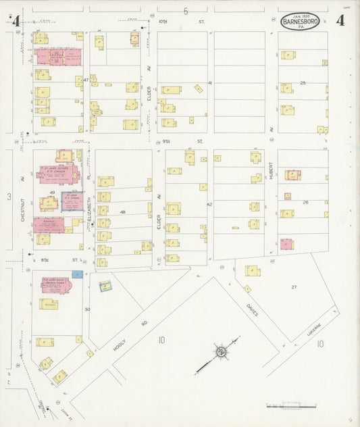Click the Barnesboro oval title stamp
pos(301,21)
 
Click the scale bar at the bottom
pos(290,407)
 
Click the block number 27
pos(294,287)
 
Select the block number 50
pos(87,309)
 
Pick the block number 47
pos(86,80)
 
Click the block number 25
pos(303,82)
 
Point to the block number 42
pos(209,203)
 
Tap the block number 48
pos(124,212)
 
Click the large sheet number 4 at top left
pos(16,21)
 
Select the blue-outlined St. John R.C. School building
pos(72,201)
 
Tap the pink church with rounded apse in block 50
pos(55,286)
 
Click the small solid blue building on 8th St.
pos(77,274)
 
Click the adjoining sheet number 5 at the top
pos(185,11)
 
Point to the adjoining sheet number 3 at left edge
pos(9,197)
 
